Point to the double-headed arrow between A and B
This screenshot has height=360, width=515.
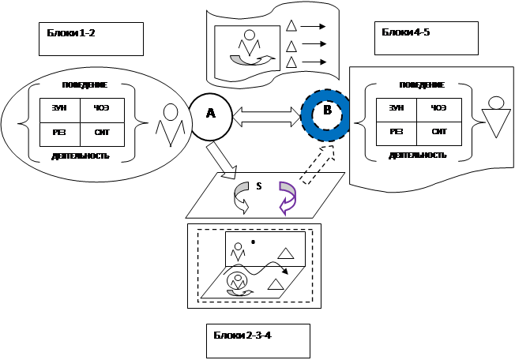coord(267,115)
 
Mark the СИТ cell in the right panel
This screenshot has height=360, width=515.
coord(441,133)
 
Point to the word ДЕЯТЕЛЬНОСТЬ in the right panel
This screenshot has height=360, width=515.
coord(418,155)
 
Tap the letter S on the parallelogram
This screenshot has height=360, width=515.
coord(258,186)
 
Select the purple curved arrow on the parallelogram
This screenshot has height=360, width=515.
coord(287,197)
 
